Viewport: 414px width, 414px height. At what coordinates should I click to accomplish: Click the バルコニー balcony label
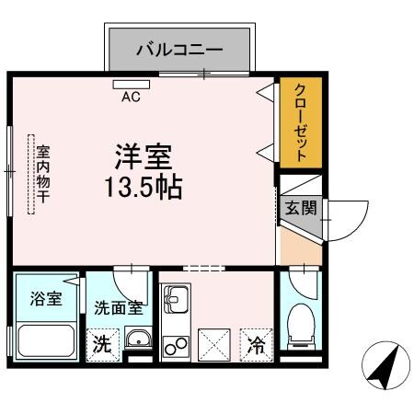click(x=179, y=49)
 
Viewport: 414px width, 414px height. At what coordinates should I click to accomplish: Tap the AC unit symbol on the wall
click(x=131, y=86)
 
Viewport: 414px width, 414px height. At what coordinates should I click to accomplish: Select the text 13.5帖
click(x=143, y=187)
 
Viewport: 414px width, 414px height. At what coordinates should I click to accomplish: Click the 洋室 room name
click(x=144, y=154)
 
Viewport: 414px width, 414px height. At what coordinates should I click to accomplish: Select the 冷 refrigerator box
click(x=257, y=345)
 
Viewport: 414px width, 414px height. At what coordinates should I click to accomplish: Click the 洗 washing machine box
click(x=102, y=345)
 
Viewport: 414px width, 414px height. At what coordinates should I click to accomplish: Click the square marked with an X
click(x=216, y=345)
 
